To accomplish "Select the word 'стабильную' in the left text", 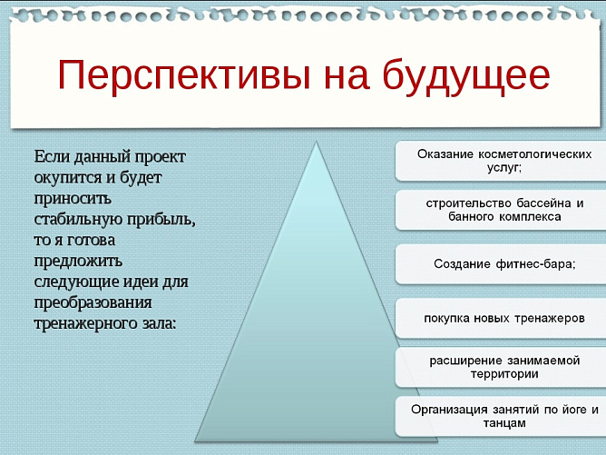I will [80, 220].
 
